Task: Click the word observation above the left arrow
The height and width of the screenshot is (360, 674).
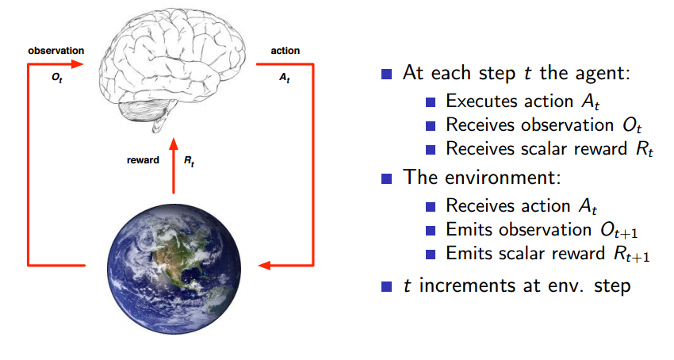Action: [x=56, y=50]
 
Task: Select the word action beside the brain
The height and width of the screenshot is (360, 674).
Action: [x=285, y=50]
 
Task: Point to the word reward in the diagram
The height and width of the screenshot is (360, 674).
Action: [x=143, y=159]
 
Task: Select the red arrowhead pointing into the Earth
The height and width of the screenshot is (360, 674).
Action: [x=267, y=264]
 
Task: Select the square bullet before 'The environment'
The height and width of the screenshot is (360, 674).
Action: [x=387, y=178]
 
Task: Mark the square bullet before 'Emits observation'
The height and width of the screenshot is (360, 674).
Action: [x=431, y=230]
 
